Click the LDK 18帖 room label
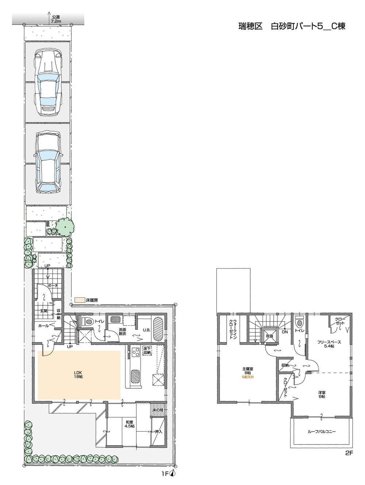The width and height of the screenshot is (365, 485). [x=78, y=374]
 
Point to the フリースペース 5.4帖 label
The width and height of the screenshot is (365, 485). [x=329, y=344]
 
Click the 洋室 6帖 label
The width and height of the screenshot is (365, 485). [x=321, y=394]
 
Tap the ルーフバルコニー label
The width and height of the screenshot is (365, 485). [x=322, y=431]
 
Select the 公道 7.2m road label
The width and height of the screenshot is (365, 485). [x=55, y=19]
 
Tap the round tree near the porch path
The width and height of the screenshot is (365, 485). [x=64, y=228]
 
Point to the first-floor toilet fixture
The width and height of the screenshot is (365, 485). [x=88, y=322]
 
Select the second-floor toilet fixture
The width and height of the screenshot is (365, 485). [x=299, y=323]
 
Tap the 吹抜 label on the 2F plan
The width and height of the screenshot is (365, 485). [x=270, y=336]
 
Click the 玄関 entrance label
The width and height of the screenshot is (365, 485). [x=44, y=311]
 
